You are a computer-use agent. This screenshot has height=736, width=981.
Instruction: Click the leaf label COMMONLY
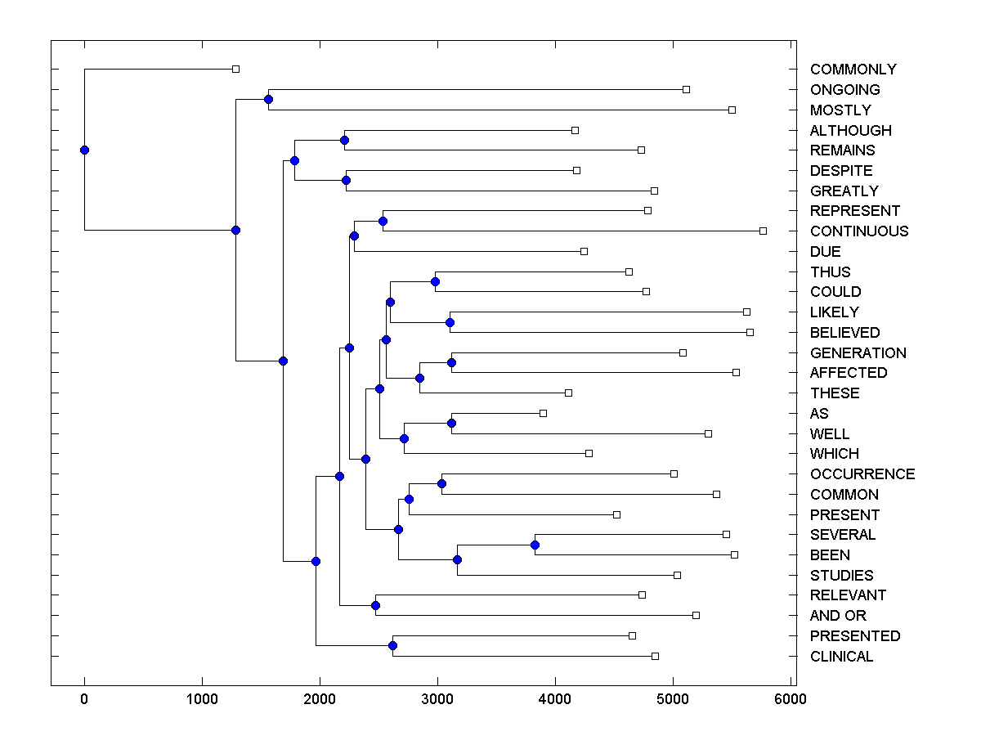point(853,70)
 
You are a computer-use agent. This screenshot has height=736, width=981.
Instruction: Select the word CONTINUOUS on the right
point(858,231)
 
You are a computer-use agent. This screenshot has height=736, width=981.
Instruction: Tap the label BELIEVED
point(844,333)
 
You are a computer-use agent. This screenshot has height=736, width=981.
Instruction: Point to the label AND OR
point(838,616)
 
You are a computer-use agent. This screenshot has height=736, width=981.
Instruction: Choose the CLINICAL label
point(841,657)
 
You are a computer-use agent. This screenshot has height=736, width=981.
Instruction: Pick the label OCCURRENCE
point(862,474)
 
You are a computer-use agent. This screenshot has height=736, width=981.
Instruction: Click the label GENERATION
point(858,353)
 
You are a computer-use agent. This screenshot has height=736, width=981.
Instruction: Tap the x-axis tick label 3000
point(437,699)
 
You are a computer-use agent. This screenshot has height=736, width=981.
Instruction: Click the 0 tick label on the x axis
point(84,699)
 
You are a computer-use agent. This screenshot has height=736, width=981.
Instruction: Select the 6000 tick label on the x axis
point(791,699)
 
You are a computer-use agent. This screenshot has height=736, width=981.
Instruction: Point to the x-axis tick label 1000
point(202,699)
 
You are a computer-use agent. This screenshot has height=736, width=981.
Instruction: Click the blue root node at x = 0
point(84,150)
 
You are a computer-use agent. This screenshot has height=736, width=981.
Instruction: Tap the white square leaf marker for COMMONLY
point(235,69)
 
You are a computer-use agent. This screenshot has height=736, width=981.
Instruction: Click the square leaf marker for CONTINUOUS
point(763,231)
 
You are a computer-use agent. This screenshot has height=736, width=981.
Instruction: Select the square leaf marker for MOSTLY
point(732,110)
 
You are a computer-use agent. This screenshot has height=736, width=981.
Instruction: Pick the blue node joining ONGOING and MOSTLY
point(268,99)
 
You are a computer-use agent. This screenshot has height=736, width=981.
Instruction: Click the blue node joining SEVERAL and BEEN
point(535,545)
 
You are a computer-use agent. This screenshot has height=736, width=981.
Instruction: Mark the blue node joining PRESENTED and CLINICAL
point(392,645)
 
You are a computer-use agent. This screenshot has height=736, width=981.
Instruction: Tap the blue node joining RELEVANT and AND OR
point(375,605)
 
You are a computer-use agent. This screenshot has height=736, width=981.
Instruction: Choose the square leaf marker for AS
point(543,413)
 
